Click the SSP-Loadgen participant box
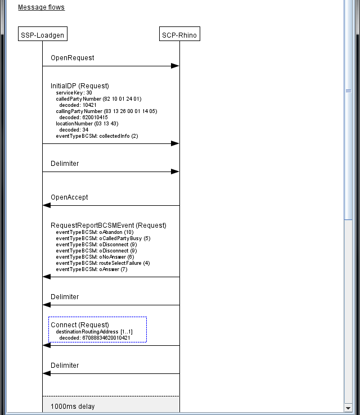click(x=42, y=35)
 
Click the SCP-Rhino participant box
click(x=179, y=35)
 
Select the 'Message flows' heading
click(x=41, y=7)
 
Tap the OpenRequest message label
click(x=73, y=58)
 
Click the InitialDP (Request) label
click(x=80, y=86)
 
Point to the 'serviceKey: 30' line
click(x=74, y=93)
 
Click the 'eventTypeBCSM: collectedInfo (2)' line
click(x=97, y=136)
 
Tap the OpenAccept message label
click(x=69, y=197)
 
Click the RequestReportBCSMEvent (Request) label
click(x=109, y=225)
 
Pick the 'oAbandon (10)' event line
click(x=94, y=232)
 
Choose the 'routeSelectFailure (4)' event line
click(x=103, y=263)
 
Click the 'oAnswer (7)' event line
click(x=92, y=269)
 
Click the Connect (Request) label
click(x=80, y=325)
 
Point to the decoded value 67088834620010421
click(x=98, y=338)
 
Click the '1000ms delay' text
click(x=73, y=407)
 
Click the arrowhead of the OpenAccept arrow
click(x=47, y=205)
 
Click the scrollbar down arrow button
click(x=348, y=407)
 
